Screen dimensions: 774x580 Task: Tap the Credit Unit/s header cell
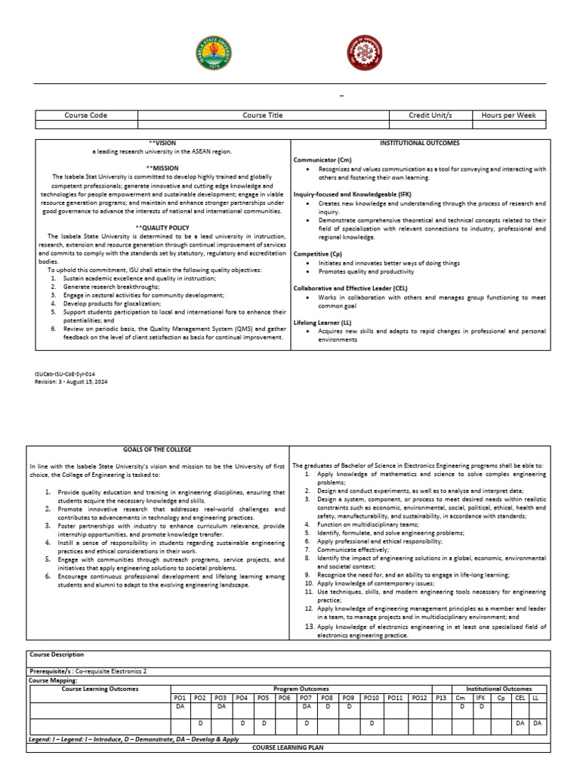[x=430, y=116]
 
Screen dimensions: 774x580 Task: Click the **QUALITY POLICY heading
[x=162, y=227]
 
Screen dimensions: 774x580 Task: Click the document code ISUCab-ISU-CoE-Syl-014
[x=65, y=374]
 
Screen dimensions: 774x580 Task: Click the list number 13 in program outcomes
[x=310, y=627]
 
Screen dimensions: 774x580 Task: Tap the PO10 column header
[x=372, y=698]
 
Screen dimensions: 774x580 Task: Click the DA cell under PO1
[x=180, y=707]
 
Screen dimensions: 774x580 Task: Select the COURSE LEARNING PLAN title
[x=289, y=747]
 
